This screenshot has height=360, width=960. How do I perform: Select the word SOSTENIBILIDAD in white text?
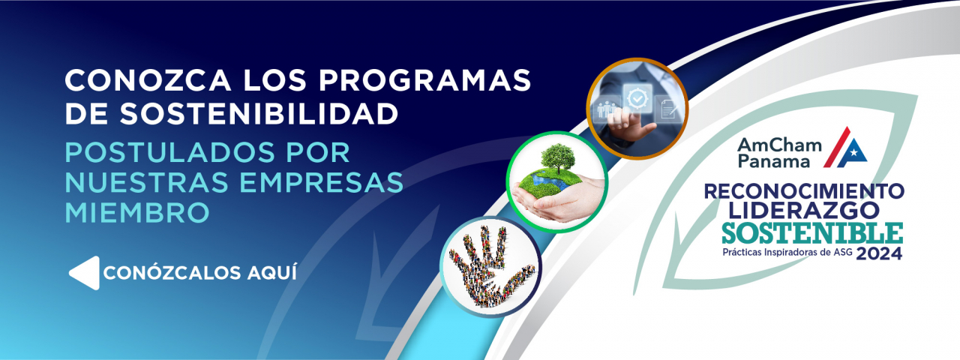tap(259, 113)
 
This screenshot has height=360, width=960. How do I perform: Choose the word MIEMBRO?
tap(137, 212)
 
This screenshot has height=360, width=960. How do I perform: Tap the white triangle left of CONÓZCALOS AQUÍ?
tap(85, 273)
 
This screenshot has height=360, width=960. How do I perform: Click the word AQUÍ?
tap(271, 272)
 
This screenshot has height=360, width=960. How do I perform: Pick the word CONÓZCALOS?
tap(172, 272)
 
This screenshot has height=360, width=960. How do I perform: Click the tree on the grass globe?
tap(557, 157)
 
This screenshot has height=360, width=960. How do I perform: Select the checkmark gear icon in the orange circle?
tap(637, 97)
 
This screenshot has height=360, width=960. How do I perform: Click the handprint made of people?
tap(491, 266)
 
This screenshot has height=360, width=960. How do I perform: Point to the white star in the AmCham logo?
tap(853, 152)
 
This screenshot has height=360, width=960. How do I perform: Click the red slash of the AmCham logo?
tap(836, 146)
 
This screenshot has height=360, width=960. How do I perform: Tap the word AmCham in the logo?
tap(779, 145)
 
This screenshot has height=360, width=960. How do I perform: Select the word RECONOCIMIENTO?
tap(804, 191)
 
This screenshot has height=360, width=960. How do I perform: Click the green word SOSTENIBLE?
tap(812, 233)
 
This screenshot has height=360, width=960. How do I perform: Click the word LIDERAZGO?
tap(803, 211)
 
